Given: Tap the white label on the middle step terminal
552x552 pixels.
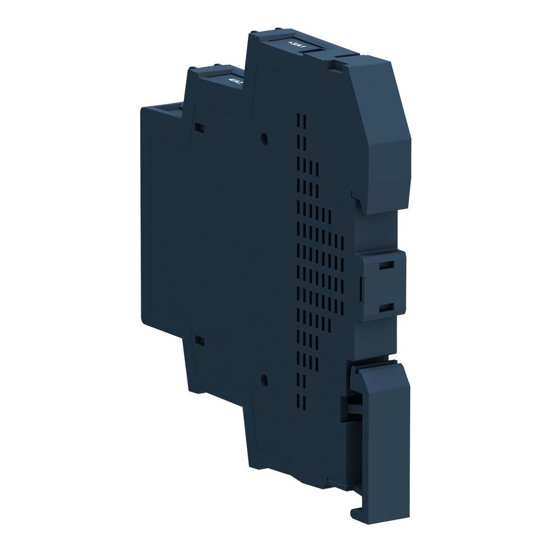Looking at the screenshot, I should pyautogui.click(x=235, y=80).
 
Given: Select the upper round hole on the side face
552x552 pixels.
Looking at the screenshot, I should pyautogui.click(x=264, y=138).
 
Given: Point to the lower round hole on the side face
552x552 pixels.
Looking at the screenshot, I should pyautogui.click(x=264, y=379).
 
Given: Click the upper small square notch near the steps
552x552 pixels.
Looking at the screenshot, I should pyautogui.click(x=199, y=127).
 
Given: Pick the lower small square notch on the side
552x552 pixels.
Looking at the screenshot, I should pyautogui.click(x=199, y=341).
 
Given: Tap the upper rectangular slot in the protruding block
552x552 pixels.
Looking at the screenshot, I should pyautogui.click(x=385, y=265).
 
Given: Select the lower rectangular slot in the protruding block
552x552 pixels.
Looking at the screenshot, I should pyautogui.click(x=385, y=308).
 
